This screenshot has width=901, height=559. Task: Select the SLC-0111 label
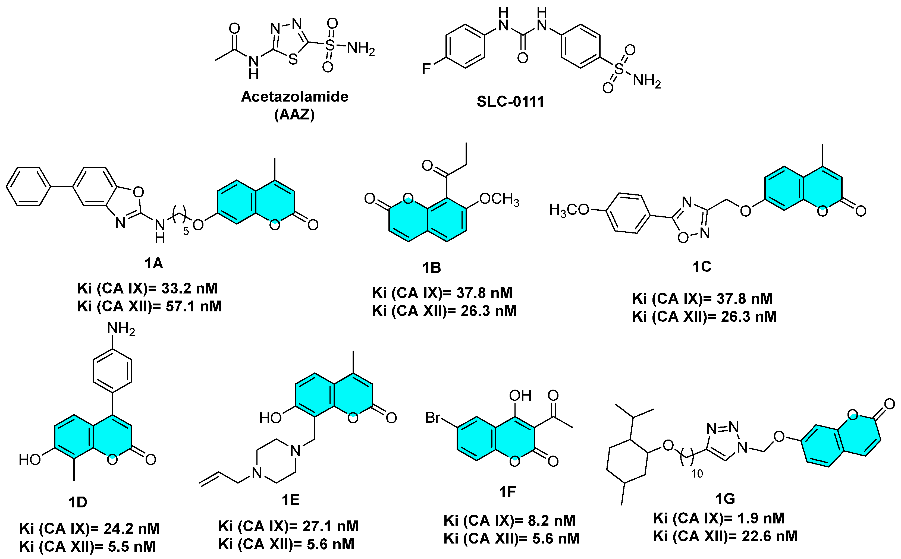510,102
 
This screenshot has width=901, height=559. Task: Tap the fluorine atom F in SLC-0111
426,69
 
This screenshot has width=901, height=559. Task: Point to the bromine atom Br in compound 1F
433,418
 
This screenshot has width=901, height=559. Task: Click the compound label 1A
153,264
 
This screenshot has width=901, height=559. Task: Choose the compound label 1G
725,499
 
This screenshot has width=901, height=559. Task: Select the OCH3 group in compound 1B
499,199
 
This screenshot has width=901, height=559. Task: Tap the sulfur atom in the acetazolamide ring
293,59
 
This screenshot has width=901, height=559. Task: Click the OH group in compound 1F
520,396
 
